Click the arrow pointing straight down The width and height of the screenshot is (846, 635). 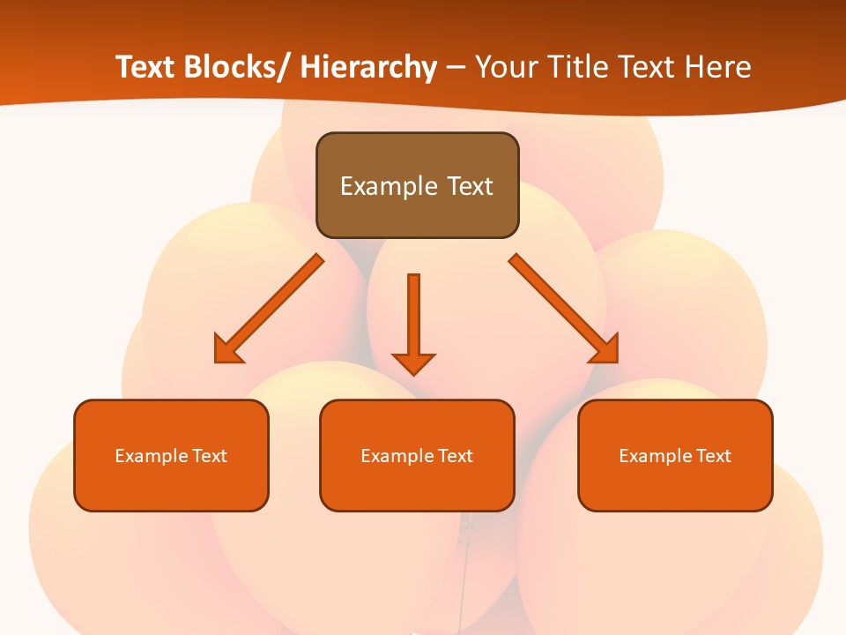413,317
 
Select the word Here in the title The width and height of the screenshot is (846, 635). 716,67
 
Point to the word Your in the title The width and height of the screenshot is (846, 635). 508,67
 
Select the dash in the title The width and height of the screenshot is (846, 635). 456,67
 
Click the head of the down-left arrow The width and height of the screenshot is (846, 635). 227,349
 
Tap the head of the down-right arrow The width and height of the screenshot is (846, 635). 605,349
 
